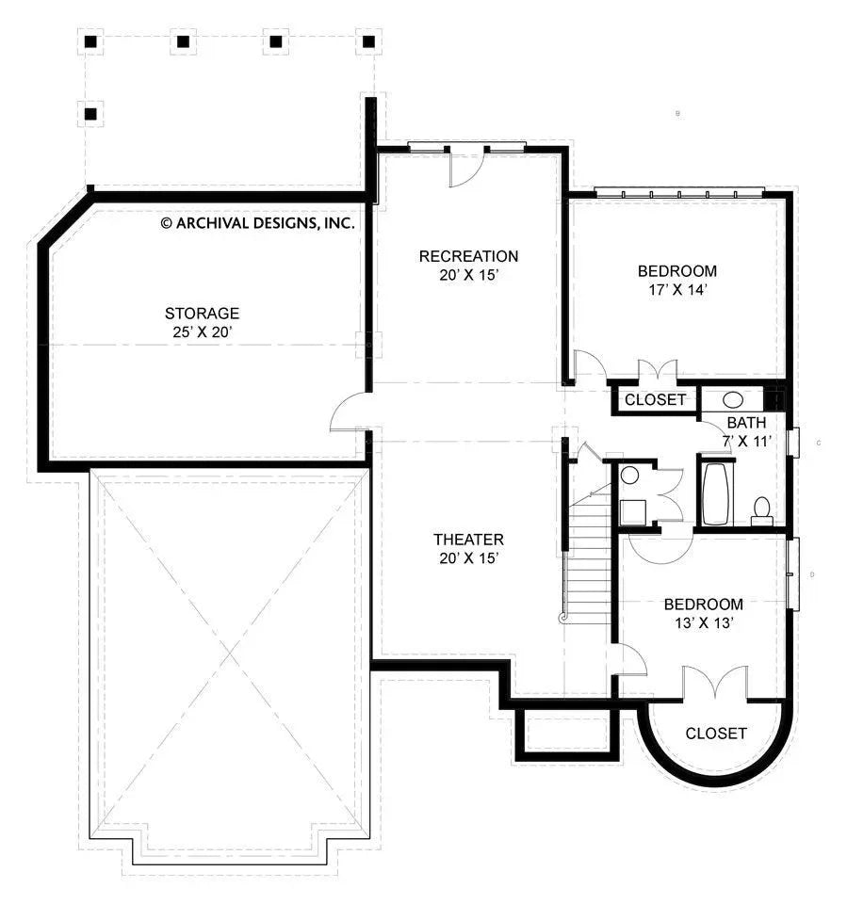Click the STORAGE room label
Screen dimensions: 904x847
coord(202,313)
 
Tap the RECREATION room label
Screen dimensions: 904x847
coord(468,256)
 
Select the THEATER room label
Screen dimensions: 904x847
coord(468,540)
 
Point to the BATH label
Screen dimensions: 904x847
coord(746,423)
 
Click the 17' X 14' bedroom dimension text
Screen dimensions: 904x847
coord(677,290)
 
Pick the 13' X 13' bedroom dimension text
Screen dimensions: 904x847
coord(703,622)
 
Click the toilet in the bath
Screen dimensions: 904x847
coord(762,510)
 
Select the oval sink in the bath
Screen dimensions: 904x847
coord(732,398)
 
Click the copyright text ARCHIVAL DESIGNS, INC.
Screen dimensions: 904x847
coord(257,223)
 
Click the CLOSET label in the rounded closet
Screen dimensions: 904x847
coord(716,734)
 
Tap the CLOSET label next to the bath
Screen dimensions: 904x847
coord(656,399)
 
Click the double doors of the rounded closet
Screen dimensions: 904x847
coord(715,684)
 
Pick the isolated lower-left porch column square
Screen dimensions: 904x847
coord(91,115)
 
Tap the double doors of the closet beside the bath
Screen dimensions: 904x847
coord(657,370)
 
